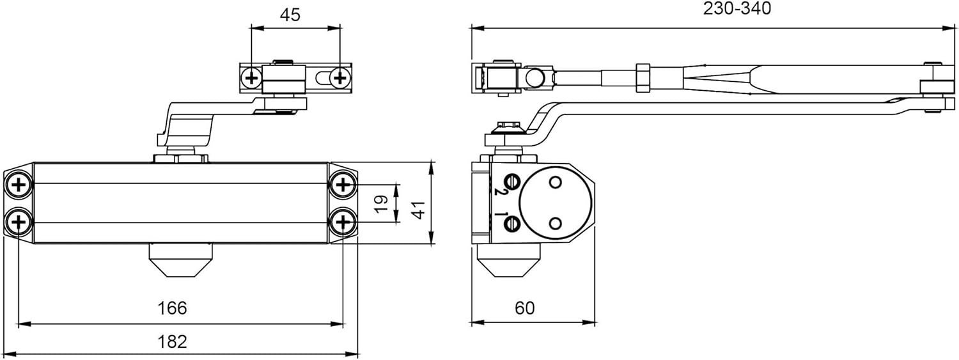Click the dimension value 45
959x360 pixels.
pyautogui.click(x=290, y=15)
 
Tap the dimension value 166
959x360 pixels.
pyautogui.click(x=172, y=308)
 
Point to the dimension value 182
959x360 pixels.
pyautogui.click(x=172, y=341)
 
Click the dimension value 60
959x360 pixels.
pyautogui.click(x=524, y=308)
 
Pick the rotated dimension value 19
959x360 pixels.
pyautogui.click(x=381, y=203)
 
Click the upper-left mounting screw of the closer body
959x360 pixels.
pyautogui.click(x=19, y=185)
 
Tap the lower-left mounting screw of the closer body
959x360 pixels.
pyautogui.click(x=19, y=223)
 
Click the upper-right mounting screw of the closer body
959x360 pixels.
pyautogui.click(x=343, y=185)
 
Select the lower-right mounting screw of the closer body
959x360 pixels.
pyautogui.click(x=343, y=223)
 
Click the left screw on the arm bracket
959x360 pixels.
pyautogui.click(x=251, y=78)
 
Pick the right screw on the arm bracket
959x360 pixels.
pyautogui.click(x=339, y=78)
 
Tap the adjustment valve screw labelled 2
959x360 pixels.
pyautogui.click(x=511, y=180)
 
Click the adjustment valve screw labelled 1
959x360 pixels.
pyautogui.click(x=511, y=223)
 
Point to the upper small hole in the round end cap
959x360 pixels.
pyautogui.click(x=555, y=183)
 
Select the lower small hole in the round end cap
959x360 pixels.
pyautogui.click(x=555, y=222)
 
